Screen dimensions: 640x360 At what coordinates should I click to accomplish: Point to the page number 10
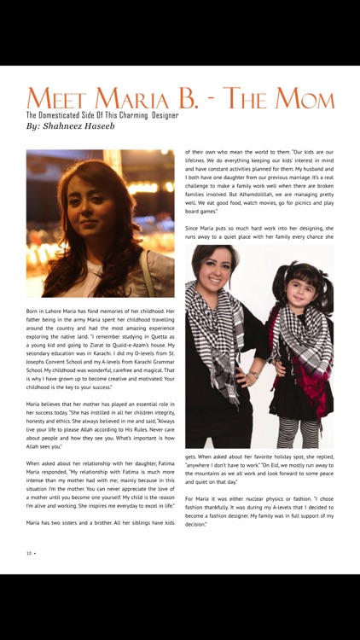point(29,553)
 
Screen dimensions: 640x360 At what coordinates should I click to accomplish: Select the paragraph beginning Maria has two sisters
point(101,522)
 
